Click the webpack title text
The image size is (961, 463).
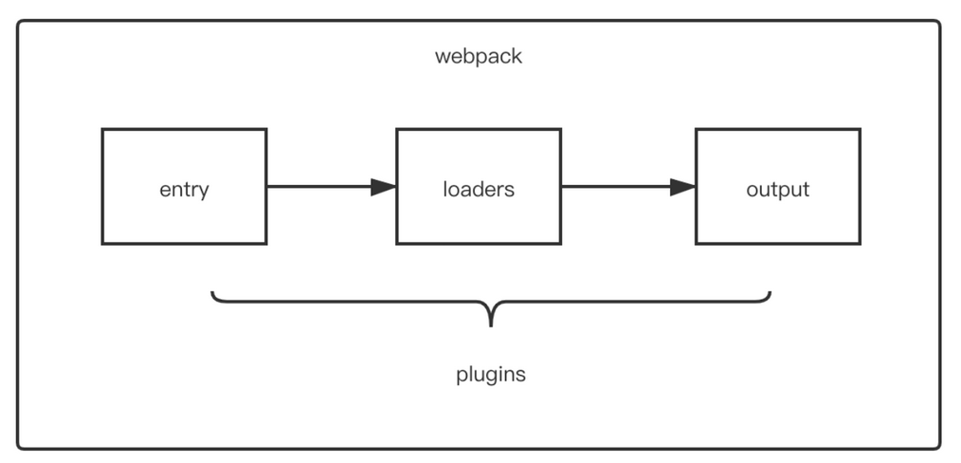pos(478,56)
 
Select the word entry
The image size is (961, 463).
pos(184,190)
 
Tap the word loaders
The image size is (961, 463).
pos(479,189)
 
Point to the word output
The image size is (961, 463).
pos(778,190)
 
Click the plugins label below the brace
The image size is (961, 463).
pos(491,374)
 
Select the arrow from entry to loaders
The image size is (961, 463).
pos(332,186)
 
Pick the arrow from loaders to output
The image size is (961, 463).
pos(628,186)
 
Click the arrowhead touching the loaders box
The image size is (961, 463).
pos(384,186)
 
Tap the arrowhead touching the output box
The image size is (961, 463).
pos(682,186)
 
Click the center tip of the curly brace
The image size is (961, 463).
pos(491,325)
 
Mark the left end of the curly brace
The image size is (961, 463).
pos(212,292)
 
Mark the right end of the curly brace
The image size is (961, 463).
pos(770,292)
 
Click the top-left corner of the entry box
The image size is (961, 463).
pos(102,129)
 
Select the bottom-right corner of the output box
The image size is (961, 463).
pos(860,244)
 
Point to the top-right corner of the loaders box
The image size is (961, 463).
pos(561,129)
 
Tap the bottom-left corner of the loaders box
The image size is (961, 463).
pos(397,244)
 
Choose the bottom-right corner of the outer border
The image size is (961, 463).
pos(938,447)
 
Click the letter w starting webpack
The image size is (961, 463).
pos(442,58)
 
